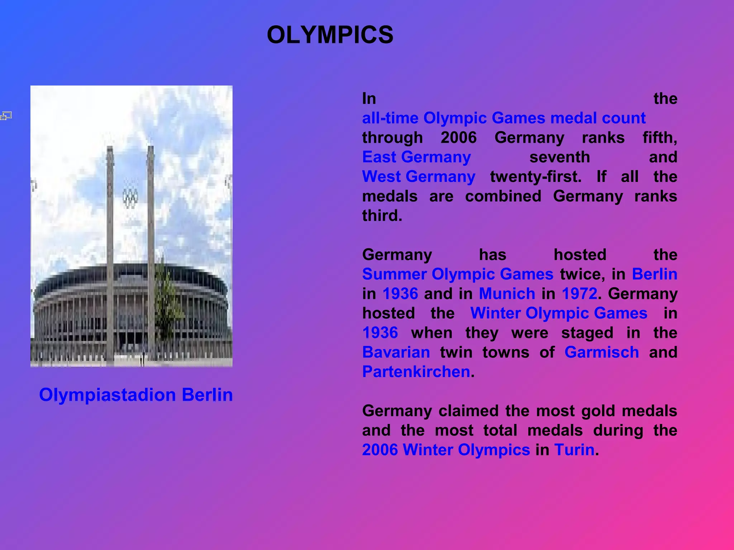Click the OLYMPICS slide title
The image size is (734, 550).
pos(330,35)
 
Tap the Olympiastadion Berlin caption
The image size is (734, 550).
pos(136,395)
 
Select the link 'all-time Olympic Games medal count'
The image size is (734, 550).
pos(504,118)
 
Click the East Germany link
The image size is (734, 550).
pos(416,157)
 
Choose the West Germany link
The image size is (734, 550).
pos(419,177)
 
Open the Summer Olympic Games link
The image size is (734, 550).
pos(458,274)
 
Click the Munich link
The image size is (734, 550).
pos(507,294)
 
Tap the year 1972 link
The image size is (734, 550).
pos(580,294)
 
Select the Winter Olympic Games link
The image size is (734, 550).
pos(559,313)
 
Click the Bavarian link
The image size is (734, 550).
pos(396,352)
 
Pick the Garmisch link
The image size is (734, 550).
pos(601,352)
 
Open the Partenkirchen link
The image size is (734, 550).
pos(416,372)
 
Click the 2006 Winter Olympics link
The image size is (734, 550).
pos(446,450)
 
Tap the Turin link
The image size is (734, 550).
pos(574,450)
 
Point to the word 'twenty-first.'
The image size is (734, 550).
pos(536,177)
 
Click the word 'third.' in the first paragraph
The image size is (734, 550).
pos(382,216)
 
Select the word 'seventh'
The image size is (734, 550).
pos(559,157)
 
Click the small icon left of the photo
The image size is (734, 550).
pos(6,116)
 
